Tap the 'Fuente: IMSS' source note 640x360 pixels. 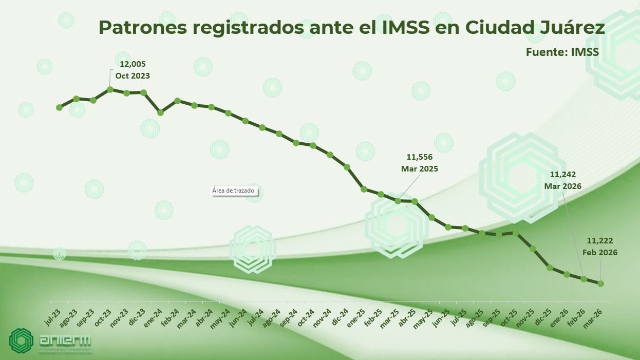[562, 52]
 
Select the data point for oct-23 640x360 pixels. [110, 89]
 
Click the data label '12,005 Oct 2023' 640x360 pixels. [133, 70]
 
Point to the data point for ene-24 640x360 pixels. [160, 112]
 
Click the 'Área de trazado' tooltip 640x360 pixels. [233, 191]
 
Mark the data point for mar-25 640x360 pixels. [398, 201]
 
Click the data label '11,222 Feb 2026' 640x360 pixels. [600, 247]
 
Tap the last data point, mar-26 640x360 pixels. [600, 283]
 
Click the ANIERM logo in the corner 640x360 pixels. [50, 341]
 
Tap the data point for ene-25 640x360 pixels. [364, 189]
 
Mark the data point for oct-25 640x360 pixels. [516, 233]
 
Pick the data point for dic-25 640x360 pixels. [550, 268]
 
